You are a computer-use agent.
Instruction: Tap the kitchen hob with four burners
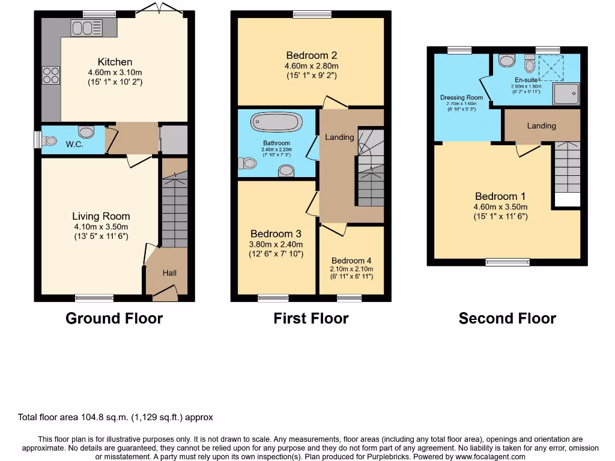point(51,75)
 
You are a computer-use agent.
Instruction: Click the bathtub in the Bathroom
point(276,122)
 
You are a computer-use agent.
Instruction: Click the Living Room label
point(101,216)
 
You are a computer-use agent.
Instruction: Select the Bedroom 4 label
point(351,261)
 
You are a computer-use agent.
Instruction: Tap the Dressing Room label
point(461,98)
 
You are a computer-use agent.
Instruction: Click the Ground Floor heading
point(114,318)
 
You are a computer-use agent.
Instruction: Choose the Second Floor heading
point(507,318)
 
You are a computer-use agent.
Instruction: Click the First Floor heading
point(311,318)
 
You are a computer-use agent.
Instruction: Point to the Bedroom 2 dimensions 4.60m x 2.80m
point(311,66)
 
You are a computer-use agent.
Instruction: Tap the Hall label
point(169,273)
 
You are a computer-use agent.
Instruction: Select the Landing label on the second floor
point(541,126)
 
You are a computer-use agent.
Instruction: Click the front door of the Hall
point(166,294)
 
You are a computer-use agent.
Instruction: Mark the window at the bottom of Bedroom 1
point(507,262)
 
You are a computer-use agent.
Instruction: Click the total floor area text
point(115,417)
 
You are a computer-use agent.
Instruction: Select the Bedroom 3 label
point(276,234)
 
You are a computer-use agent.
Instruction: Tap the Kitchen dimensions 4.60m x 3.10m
point(115,72)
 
